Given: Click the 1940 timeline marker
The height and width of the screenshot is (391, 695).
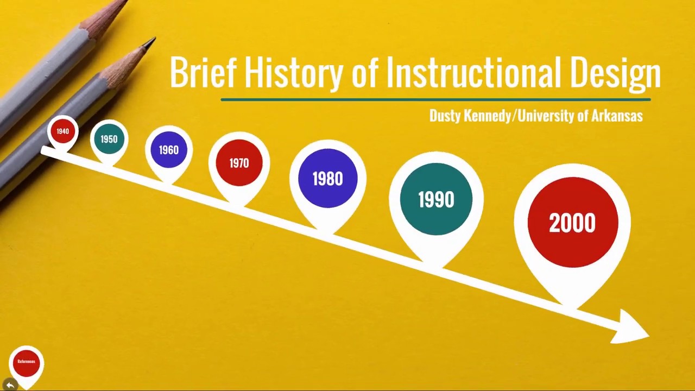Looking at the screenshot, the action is click(62, 131).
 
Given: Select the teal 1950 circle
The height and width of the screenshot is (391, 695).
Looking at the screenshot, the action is click(109, 139).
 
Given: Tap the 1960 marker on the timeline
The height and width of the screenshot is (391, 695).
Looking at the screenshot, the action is click(169, 150).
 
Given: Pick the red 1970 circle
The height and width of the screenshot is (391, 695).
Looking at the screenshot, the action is click(239, 163).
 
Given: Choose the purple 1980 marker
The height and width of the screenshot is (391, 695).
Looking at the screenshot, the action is click(327, 179).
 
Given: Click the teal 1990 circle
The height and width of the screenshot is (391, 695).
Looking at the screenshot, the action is click(436, 199).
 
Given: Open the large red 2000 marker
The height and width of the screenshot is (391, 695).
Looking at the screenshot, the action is click(573, 223).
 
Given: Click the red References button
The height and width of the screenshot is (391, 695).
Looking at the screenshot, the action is click(27, 362).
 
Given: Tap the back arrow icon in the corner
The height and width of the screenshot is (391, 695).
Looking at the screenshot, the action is click(10, 385).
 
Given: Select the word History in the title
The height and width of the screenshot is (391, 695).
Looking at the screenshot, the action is click(294, 74).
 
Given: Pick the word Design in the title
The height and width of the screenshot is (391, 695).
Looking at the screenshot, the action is click(616, 74).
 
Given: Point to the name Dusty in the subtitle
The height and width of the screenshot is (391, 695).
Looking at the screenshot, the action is click(445, 116).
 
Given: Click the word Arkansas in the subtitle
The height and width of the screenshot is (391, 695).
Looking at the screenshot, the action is click(617, 116).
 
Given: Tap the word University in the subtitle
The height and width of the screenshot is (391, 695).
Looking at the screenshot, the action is click(546, 116).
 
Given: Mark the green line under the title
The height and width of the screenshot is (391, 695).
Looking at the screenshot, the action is click(435, 99).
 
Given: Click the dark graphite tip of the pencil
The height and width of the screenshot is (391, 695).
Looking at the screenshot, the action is click(150, 42).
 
